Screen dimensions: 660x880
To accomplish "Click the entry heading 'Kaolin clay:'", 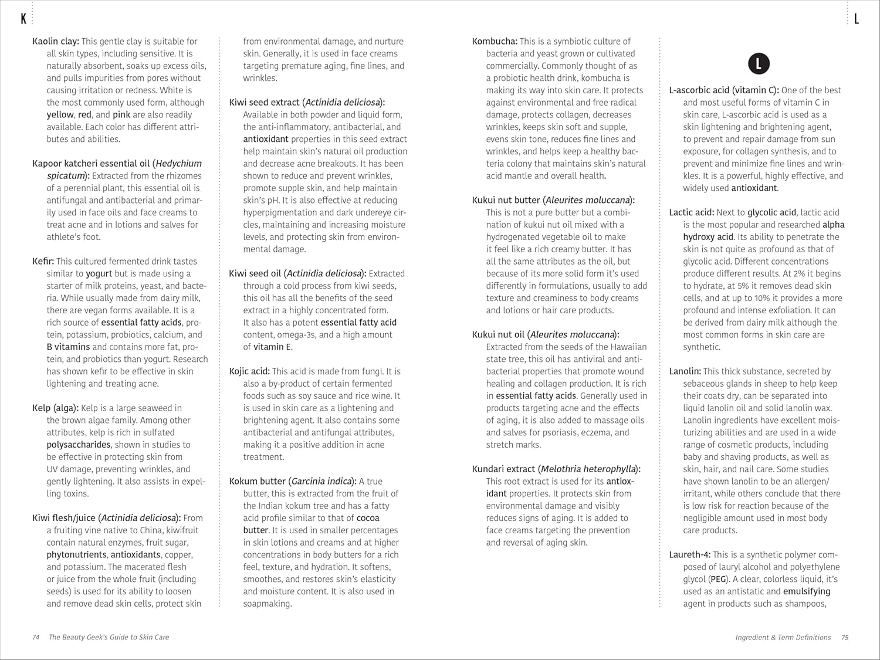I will (x=56, y=41).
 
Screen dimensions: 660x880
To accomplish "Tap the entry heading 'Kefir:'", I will (x=43, y=262).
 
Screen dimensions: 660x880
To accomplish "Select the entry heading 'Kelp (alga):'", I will (x=55, y=408).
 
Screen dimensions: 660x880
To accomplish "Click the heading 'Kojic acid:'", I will (x=249, y=371).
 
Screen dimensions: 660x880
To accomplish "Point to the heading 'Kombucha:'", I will (x=495, y=41).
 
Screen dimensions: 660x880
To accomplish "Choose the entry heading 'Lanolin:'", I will (x=685, y=371).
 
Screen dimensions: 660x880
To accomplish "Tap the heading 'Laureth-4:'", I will (x=690, y=555).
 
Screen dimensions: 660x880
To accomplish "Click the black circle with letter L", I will (x=759, y=64).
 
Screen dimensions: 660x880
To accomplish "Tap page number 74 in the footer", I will (x=36, y=637).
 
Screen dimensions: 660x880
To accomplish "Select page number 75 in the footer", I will (x=845, y=637).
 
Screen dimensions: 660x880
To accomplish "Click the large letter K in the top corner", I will (x=23, y=19).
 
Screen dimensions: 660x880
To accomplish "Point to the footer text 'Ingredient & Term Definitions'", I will (x=783, y=637).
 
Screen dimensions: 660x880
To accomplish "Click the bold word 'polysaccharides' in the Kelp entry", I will (x=79, y=445).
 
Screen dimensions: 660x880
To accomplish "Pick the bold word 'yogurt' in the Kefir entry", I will (x=99, y=274).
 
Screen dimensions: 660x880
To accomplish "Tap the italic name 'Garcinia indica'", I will (x=321, y=482).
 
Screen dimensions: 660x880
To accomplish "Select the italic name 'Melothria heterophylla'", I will (x=588, y=469).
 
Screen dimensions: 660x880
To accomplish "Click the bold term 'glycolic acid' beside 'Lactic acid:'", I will (x=772, y=212).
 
